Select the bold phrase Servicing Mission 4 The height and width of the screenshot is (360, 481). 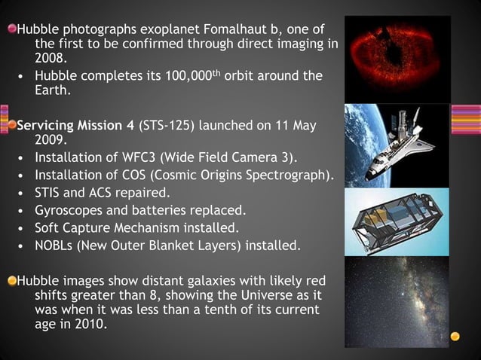(72, 124)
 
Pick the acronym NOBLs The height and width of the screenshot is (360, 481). (54, 246)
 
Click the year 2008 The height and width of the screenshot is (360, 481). (51, 56)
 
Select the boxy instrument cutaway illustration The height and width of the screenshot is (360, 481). (397, 222)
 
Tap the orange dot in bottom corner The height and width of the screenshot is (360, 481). (455, 335)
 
